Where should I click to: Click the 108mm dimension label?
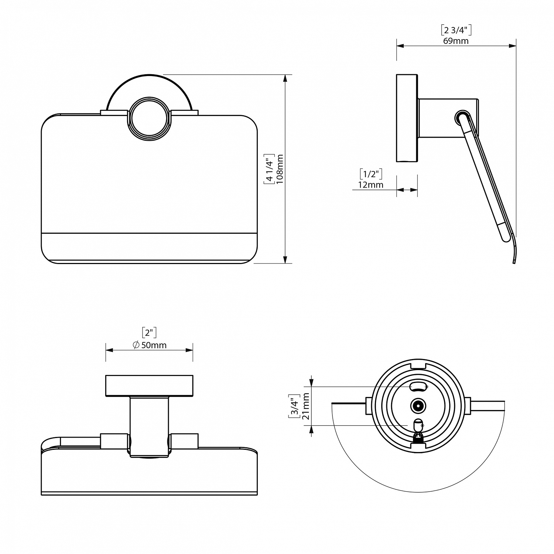[280, 169]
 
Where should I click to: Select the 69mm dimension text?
[456, 41]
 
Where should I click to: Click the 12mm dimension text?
[370, 184]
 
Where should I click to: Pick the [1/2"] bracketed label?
[370, 174]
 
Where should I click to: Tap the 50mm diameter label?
[154, 345]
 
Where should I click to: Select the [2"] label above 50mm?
[149, 333]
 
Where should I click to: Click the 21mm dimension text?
[305, 406]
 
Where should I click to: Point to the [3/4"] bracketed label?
[294, 406]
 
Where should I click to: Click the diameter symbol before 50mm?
[136, 345]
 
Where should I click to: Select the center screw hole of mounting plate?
[418, 406]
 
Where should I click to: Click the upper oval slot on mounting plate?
[418, 387]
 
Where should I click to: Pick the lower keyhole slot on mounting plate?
[418, 427]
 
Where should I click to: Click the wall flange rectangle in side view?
[407, 118]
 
